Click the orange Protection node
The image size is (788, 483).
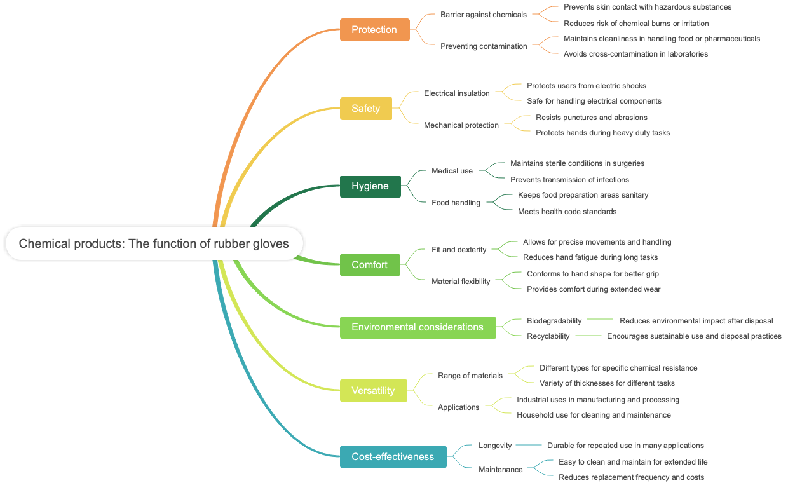click(x=374, y=30)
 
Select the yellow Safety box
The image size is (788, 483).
click(x=365, y=109)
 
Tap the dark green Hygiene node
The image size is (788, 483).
click(x=370, y=186)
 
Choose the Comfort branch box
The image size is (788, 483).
click(x=369, y=265)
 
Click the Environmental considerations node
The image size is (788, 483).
click(x=418, y=327)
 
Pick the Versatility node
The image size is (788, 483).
click(x=373, y=391)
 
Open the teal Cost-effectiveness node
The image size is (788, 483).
click(x=393, y=457)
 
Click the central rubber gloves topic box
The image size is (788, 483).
click(x=154, y=243)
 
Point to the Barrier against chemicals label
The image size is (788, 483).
click(x=483, y=15)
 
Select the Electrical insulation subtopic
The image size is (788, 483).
click(x=456, y=93)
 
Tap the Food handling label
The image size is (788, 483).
click(x=456, y=203)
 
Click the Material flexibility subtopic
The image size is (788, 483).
click(x=461, y=282)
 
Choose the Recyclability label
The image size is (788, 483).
click(x=548, y=336)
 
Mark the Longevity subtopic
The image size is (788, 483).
click(x=495, y=446)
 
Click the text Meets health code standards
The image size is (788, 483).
click(x=567, y=212)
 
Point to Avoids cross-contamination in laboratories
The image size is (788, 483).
click(x=635, y=54)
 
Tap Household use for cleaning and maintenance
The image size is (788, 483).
click(x=594, y=415)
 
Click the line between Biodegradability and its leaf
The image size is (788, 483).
click(x=600, y=320)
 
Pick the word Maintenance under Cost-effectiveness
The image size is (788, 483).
click(x=500, y=470)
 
